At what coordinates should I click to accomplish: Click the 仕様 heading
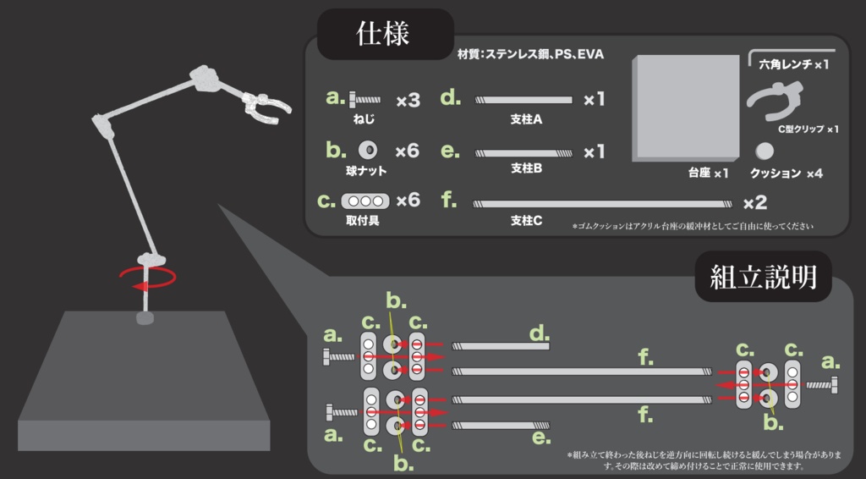(383, 34)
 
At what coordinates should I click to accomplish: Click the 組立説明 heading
(763, 276)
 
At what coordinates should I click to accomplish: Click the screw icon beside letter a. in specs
(364, 100)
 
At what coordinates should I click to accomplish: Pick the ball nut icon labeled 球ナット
(368, 150)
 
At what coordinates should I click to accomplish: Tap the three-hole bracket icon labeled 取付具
(365, 201)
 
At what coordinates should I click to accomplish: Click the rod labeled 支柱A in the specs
(523, 100)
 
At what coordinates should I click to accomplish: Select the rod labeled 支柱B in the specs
(523, 153)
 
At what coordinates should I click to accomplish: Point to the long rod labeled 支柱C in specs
(602, 204)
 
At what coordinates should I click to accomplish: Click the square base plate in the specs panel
(685, 107)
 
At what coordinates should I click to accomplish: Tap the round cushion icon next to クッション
(765, 151)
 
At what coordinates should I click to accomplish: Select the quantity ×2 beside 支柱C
(755, 203)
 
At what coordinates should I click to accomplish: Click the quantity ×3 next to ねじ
(408, 101)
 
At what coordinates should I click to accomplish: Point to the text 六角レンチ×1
(793, 64)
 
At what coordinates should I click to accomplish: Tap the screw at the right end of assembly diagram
(820, 384)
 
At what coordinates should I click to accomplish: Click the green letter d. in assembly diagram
(540, 333)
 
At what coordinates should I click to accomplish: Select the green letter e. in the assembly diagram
(541, 439)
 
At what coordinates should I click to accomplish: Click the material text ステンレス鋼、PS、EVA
(544, 54)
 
